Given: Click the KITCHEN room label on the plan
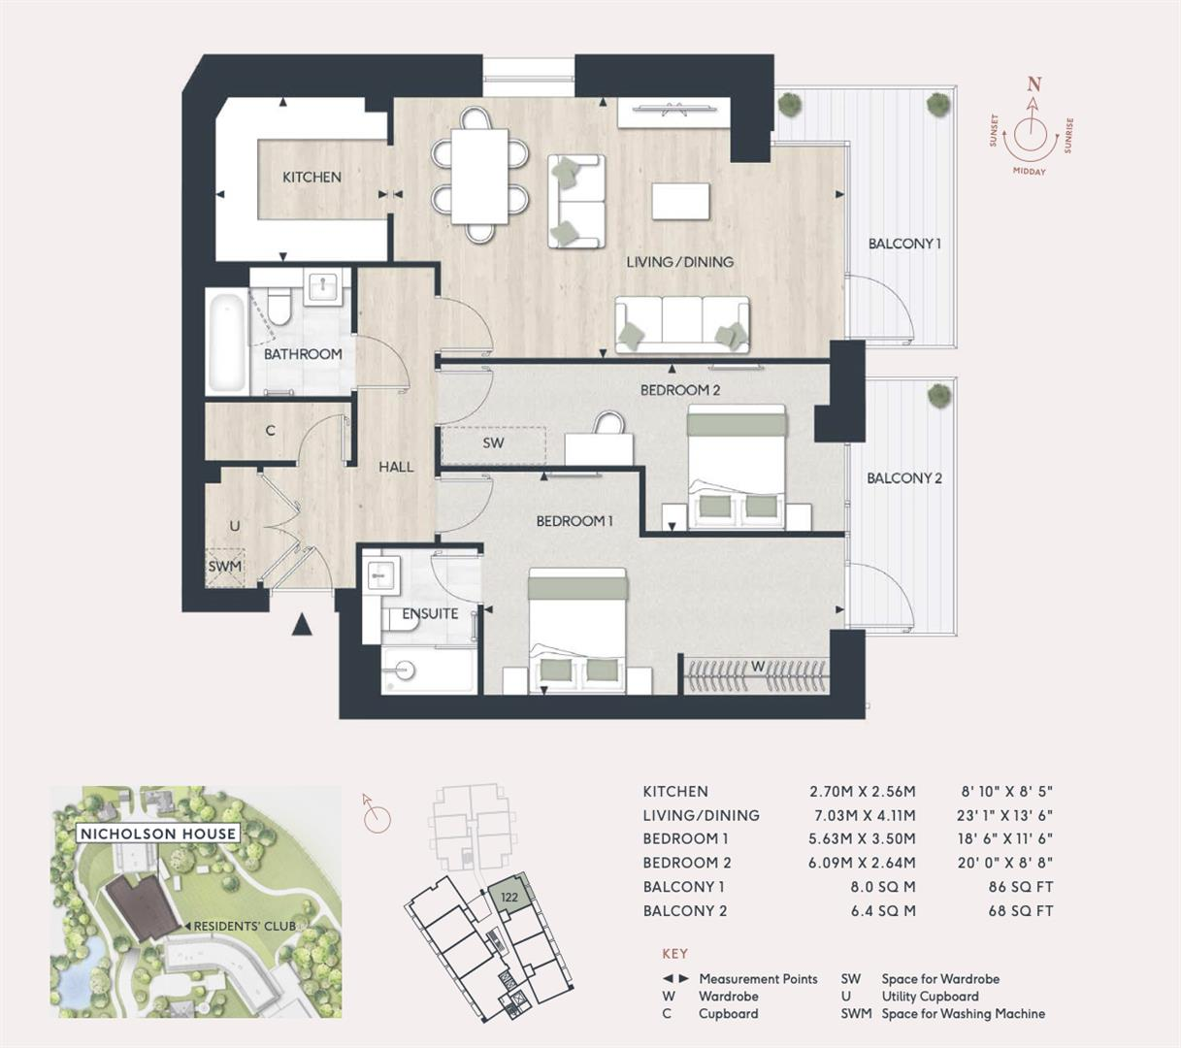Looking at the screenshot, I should click(x=312, y=177).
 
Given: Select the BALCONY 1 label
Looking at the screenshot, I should click(x=904, y=244).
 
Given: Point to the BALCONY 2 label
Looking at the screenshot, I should click(x=903, y=477).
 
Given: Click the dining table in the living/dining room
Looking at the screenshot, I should click(x=481, y=175).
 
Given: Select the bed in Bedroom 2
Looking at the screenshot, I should click(x=737, y=467).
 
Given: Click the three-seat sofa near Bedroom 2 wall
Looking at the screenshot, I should click(x=682, y=324).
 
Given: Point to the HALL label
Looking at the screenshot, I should click(x=396, y=467).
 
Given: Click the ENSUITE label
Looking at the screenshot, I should click(x=430, y=613).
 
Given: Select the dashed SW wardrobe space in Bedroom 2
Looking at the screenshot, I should click(x=493, y=443).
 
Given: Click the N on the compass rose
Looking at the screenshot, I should click(x=1034, y=84).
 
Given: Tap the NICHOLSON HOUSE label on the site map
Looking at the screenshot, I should click(x=157, y=834).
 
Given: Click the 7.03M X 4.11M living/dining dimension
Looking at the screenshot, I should click(x=863, y=815).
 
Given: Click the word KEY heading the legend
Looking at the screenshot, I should click(x=674, y=954).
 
